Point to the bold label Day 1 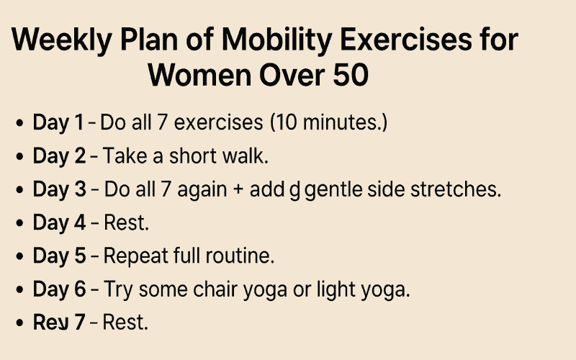[58, 123]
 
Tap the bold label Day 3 [58, 190]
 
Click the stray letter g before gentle [294, 192]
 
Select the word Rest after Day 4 [126, 223]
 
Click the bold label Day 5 [58, 256]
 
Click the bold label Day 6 [58, 289]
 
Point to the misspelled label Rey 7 [58, 323]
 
